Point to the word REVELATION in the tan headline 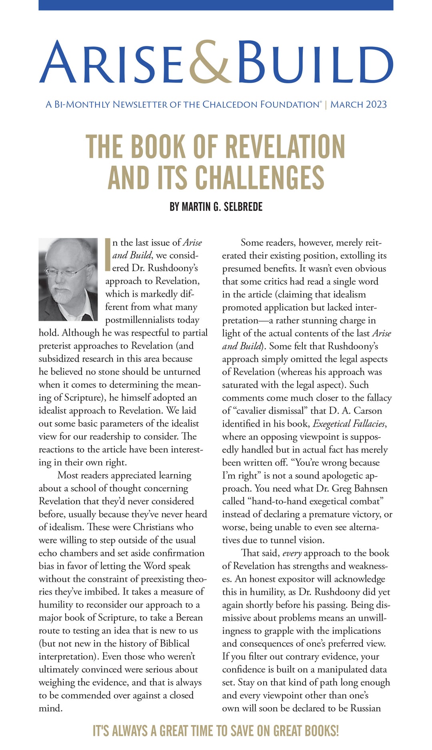tap(285, 146)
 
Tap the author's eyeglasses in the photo tap(66, 273)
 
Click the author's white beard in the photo tap(63, 296)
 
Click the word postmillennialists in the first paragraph tap(152, 320)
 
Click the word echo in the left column tap(48, 553)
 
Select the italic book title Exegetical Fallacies tap(349, 424)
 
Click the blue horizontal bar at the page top tap(216, 5)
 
